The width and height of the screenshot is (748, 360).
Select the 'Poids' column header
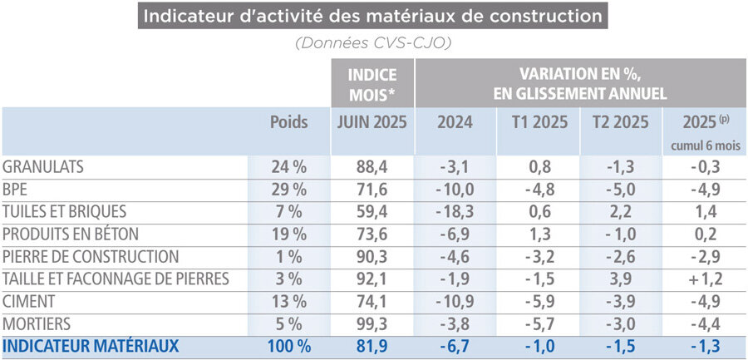click(x=288, y=122)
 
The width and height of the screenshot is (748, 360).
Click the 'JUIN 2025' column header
click(x=371, y=122)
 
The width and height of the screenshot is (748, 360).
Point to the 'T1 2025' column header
click(x=538, y=122)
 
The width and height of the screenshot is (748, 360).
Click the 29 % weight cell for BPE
click(x=288, y=189)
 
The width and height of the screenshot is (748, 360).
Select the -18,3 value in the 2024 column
click(x=455, y=211)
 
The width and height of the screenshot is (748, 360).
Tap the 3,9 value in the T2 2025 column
click(x=623, y=279)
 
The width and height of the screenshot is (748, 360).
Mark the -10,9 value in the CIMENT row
click(x=455, y=301)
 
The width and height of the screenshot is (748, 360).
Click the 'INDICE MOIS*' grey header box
click(x=371, y=84)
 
